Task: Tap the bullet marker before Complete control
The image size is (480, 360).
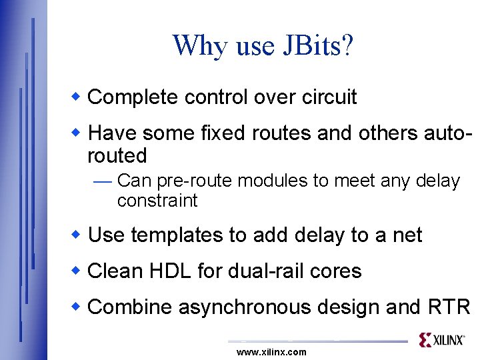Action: (x=77, y=97)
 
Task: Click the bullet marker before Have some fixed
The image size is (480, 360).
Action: (x=77, y=133)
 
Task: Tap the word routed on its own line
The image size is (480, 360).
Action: (x=117, y=156)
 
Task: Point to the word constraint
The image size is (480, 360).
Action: (x=157, y=201)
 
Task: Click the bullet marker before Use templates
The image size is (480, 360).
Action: (x=77, y=235)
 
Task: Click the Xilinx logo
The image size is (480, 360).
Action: (x=441, y=340)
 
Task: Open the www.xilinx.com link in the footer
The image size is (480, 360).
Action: (x=271, y=352)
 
